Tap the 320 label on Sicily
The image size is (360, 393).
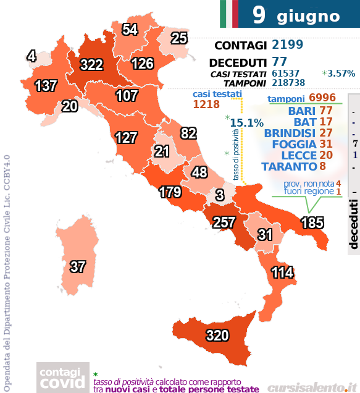[217, 336]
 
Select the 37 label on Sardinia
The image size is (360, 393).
[77, 267]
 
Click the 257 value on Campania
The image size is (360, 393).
[225, 221]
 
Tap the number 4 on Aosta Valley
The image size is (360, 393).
[31, 57]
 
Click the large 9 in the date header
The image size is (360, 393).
[259, 15]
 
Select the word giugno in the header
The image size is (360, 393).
[308, 15]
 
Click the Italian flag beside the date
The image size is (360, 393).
[228, 14]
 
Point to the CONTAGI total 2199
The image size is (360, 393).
[287, 45]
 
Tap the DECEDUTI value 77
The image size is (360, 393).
[279, 62]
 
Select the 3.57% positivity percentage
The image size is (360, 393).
[341, 74]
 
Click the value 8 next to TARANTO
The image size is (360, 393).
[322, 166]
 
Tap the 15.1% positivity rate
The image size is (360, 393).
[242, 123]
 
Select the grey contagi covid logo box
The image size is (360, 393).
[61, 378]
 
